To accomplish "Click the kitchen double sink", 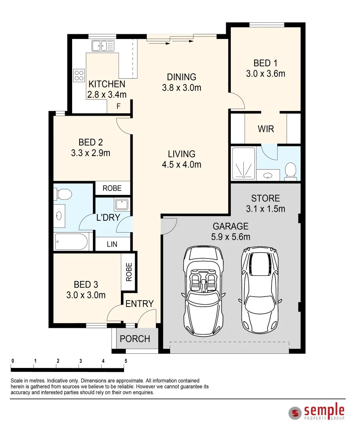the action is pos(103,46).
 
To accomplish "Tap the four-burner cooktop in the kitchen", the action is pos(79,75).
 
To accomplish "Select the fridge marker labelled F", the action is pos(118,106).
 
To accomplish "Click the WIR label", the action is pos(266,129).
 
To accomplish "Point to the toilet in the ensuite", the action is pos(291,171).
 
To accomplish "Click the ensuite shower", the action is pos(244,163).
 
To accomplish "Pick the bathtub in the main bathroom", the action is pos(71,242).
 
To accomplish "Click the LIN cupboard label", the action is pos(112,244).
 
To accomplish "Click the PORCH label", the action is pos(135,339).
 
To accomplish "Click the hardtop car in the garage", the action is pos(260,290).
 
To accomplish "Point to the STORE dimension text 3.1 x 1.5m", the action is pos(265,209).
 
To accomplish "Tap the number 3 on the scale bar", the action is pos(81,361).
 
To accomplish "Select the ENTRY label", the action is pos(139,304).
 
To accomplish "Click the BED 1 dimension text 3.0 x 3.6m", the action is pos(265,74).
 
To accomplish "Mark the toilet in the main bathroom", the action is pos(63,194).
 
